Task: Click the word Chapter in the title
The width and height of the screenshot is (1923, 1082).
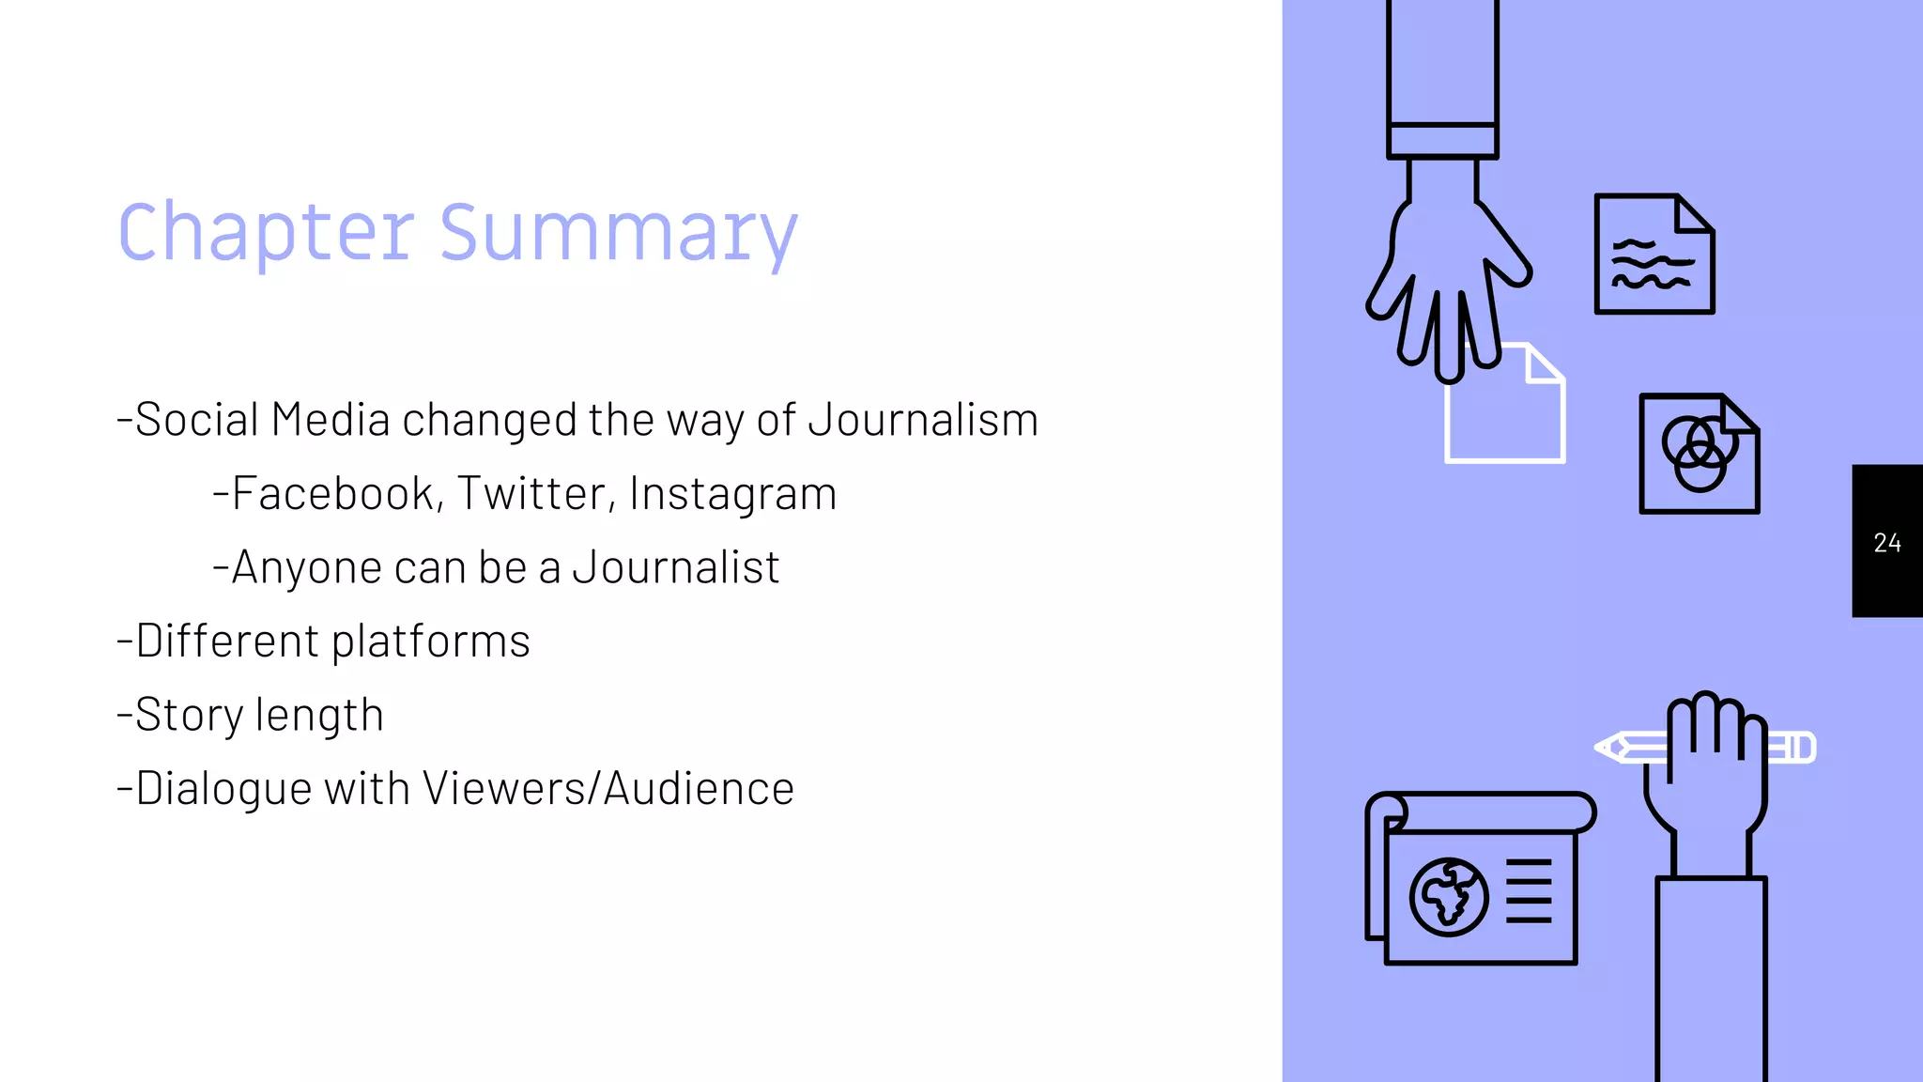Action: point(266,233)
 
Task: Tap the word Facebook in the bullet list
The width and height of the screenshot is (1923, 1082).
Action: point(332,494)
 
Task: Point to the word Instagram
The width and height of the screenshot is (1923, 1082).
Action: point(732,494)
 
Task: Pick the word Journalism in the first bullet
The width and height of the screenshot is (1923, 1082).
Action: point(923,420)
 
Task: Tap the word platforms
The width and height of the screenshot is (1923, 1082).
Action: point(431,641)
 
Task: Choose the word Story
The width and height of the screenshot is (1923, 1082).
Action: point(189,716)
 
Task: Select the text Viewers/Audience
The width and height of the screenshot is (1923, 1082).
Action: point(608,789)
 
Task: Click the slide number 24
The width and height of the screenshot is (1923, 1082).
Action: point(1887,543)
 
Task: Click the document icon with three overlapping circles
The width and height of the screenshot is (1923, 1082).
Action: point(1699,455)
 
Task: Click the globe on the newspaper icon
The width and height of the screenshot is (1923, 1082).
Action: point(1448,897)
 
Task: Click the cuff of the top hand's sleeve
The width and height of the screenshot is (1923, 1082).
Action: point(1442,141)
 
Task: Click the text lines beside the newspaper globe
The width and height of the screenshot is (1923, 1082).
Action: point(1529,890)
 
